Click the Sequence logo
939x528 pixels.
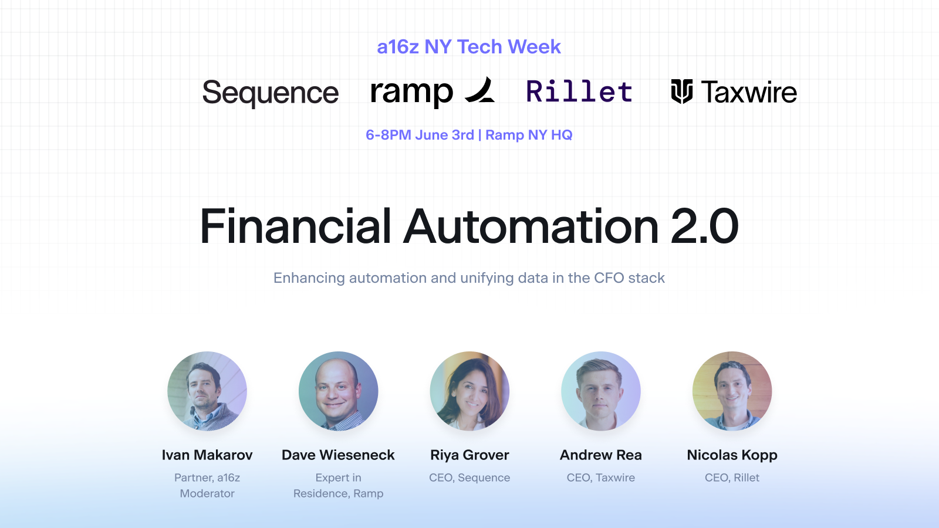[271, 93]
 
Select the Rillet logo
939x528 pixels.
[579, 92]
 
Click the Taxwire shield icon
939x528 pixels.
[681, 91]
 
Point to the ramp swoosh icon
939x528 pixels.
[481, 90]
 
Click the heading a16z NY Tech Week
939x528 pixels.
[469, 46]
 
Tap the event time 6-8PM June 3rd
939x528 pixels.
[420, 135]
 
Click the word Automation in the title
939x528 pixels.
[531, 226]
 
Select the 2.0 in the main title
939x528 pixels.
[704, 226]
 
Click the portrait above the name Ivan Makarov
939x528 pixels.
[207, 391]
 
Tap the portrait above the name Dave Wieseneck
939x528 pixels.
[338, 391]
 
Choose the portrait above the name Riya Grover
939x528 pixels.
[469, 391]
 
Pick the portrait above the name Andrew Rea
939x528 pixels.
[601, 391]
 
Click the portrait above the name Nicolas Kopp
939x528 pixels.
[732, 391]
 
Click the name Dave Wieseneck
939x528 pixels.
[338, 455]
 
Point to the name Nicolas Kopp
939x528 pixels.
[732, 455]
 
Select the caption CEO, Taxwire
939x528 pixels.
[601, 478]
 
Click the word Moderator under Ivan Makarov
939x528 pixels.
[207, 493]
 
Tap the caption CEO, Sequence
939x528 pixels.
[469, 478]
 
